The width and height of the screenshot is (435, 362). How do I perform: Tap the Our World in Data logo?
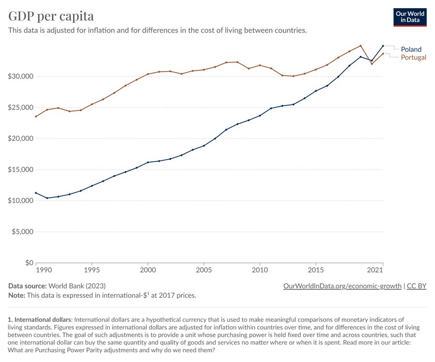[x=410, y=17]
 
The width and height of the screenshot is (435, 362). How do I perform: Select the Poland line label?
[x=411, y=49]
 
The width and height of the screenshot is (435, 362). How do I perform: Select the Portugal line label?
[x=413, y=58]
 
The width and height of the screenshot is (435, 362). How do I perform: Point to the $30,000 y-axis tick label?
[x=20, y=76]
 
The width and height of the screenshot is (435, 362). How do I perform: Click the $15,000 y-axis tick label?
[x=20, y=170]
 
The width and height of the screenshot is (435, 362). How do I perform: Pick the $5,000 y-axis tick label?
[x=22, y=232]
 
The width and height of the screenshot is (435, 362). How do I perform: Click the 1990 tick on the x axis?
[x=43, y=269]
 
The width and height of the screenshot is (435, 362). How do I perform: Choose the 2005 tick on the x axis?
[x=203, y=269]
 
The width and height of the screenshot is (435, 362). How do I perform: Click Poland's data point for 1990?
[x=36, y=193]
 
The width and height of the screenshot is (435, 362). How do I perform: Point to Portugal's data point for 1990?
[x=36, y=117]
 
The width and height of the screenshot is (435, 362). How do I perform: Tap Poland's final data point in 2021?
[x=383, y=46]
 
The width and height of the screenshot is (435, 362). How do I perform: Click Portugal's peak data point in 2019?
[x=361, y=46]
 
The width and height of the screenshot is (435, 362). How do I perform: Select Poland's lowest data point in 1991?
[x=47, y=198]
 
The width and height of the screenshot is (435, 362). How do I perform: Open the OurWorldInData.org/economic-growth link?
[x=342, y=286]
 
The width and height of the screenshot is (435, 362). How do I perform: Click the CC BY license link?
[x=417, y=286]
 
